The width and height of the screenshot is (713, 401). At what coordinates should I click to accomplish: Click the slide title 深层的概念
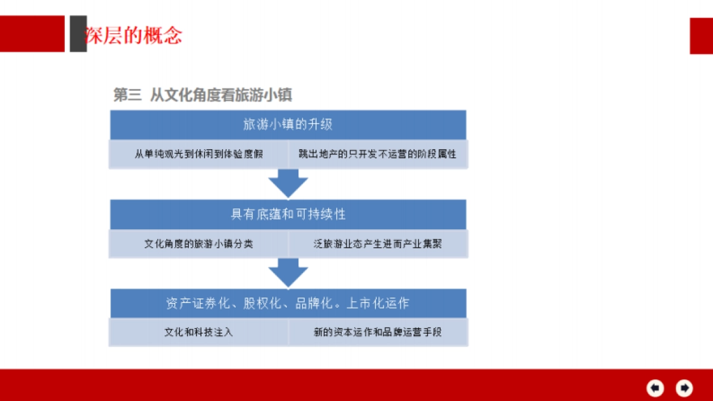[133, 36]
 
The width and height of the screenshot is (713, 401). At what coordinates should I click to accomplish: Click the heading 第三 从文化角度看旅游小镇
[203, 95]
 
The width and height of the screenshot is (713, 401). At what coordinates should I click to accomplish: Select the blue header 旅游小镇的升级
[288, 124]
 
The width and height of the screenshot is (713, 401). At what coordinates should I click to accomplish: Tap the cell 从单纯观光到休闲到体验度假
[198, 154]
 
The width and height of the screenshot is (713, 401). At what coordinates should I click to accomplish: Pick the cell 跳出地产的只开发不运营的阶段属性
[377, 154]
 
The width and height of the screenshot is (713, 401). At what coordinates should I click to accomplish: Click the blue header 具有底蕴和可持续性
[288, 214]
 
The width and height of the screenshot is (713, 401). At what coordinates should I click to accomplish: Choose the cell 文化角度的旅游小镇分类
[198, 244]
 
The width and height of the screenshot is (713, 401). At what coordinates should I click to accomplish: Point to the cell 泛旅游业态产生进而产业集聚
[377, 244]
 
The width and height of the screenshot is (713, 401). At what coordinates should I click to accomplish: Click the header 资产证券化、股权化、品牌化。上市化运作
[288, 303]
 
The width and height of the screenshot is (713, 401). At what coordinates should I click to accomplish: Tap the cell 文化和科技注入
[198, 332]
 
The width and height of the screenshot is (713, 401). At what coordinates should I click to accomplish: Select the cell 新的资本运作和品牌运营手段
[377, 332]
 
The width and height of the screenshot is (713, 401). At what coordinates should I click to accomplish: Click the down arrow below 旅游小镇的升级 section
[288, 184]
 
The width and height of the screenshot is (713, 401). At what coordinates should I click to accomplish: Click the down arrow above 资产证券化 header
[288, 273]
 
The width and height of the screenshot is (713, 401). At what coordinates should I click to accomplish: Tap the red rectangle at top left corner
[32, 34]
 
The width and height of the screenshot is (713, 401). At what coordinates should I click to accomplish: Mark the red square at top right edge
[701, 36]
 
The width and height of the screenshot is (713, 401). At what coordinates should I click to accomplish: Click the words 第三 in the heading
[127, 95]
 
